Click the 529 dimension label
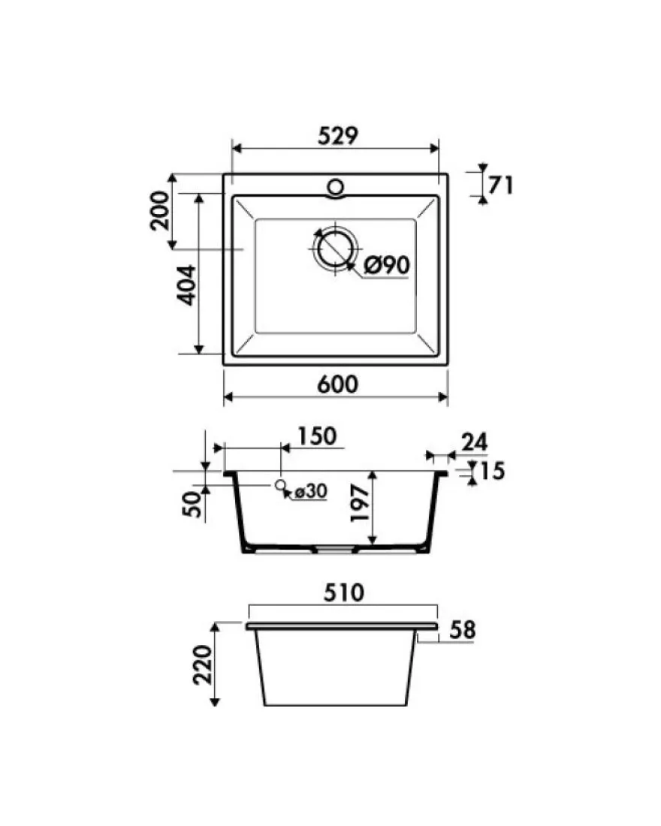(x=338, y=136)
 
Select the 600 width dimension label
(x=337, y=384)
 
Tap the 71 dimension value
(x=500, y=185)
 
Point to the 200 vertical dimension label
(x=160, y=211)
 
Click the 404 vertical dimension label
(x=186, y=285)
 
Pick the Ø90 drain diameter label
(x=387, y=265)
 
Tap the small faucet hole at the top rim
(x=335, y=186)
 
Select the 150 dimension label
(x=317, y=436)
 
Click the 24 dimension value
(x=475, y=442)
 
